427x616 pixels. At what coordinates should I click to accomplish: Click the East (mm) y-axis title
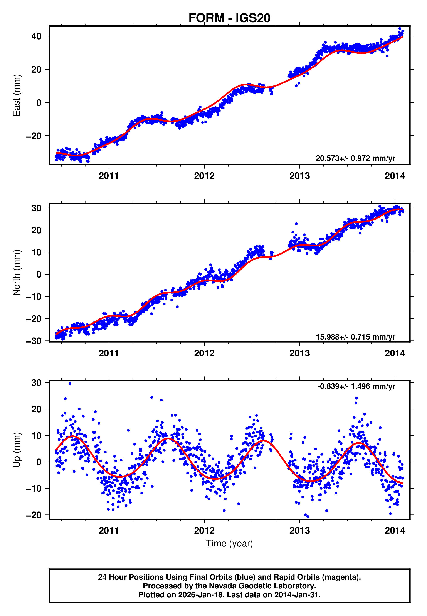tap(17, 95)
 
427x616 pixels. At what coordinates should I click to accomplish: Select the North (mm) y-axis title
tap(17, 273)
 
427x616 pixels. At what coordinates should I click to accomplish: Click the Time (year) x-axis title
tap(229, 543)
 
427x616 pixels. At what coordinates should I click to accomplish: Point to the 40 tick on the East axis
tap(36, 36)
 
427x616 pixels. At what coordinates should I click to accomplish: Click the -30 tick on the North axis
tap(34, 341)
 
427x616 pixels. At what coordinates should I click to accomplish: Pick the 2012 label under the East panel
tap(204, 176)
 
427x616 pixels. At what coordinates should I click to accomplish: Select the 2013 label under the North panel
tap(299, 353)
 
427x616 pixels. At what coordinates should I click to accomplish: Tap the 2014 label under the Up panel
tap(395, 531)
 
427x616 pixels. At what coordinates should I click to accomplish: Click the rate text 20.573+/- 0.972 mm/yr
tap(355, 158)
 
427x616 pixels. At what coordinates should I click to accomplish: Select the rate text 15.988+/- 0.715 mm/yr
tap(355, 337)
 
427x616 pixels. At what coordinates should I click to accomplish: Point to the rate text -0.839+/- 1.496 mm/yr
tap(356, 386)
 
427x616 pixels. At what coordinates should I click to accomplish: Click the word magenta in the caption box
tap(341, 577)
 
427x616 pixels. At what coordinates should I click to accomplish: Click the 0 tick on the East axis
tap(39, 103)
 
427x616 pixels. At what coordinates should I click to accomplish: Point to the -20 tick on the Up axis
tap(34, 515)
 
